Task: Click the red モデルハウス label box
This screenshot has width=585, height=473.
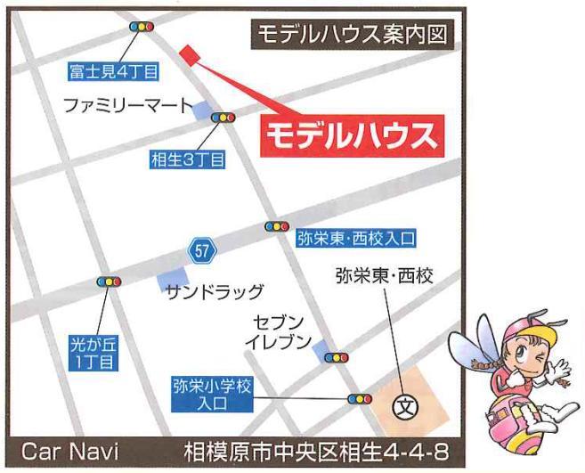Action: click(351, 136)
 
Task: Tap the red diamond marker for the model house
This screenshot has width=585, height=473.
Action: click(187, 53)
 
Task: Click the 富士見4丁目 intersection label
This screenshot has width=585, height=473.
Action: click(113, 70)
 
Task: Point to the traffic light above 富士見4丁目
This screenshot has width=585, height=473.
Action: click(141, 28)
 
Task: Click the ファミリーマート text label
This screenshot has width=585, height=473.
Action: click(126, 106)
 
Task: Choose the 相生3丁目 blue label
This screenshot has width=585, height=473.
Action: click(188, 159)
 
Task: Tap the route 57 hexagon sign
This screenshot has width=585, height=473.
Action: click(202, 251)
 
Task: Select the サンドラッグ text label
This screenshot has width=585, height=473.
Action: click(215, 291)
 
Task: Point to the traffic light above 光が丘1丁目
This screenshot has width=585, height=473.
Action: click(109, 282)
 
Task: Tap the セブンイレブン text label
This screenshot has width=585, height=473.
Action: click(280, 331)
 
